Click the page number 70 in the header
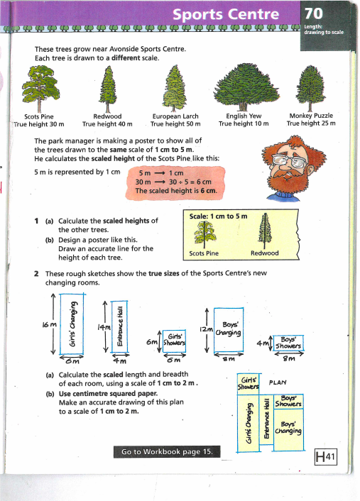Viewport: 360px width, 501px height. [313, 13]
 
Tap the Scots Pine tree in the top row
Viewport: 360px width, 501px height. [40, 89]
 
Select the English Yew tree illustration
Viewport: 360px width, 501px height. [246, 87]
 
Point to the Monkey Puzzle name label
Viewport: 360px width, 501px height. [311, 116]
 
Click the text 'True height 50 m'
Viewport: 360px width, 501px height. [175, 124]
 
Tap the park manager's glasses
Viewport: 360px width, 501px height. [289, 160]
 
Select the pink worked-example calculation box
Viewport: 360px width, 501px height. [175, 183]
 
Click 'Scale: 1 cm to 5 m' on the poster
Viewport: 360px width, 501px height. [219, 216]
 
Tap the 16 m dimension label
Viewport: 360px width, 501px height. [49, 325]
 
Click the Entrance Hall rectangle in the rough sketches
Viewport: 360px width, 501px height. [119, 326]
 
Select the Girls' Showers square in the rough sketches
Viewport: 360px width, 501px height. [174, 341]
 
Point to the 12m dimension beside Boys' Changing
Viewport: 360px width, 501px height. [206, 329]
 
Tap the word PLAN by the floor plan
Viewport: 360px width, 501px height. [278, 382]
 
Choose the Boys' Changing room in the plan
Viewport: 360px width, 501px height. [289, 429]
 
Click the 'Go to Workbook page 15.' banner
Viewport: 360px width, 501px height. [167, 452]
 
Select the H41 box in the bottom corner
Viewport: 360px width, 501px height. [326, 457]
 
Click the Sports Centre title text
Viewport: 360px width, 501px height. [226, 14]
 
